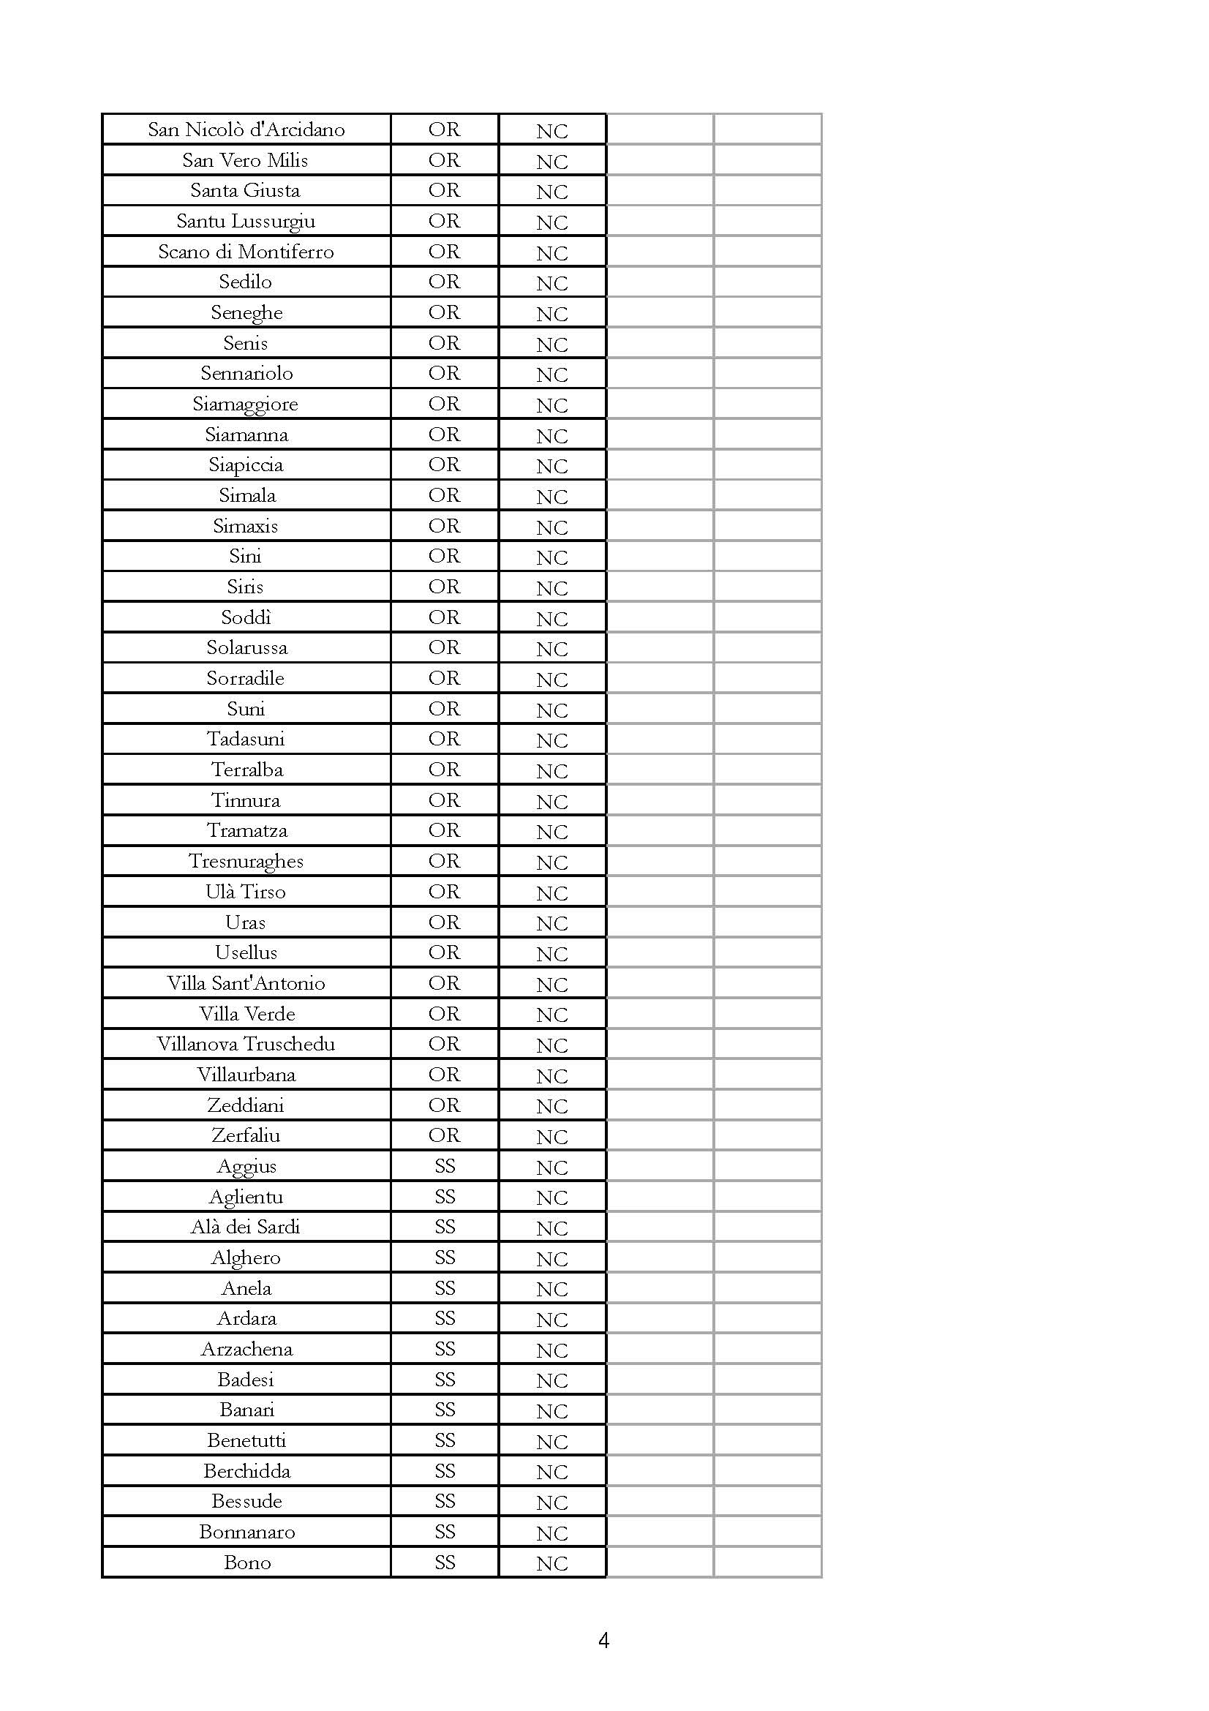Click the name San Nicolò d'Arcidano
246,129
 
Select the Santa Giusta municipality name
245,190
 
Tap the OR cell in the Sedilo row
444,282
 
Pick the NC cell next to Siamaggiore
552,405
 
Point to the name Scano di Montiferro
246,251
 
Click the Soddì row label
246,617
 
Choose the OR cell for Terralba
444,769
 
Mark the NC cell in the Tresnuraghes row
552,862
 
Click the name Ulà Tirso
246,891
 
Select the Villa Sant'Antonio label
246,983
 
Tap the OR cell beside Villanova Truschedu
444,1044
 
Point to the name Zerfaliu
246,1135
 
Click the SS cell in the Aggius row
445,1165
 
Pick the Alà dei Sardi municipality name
246,1227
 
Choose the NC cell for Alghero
552,1259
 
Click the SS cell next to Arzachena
445,1349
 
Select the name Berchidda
246,1471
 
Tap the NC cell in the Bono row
552,1563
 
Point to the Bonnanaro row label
246,1533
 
